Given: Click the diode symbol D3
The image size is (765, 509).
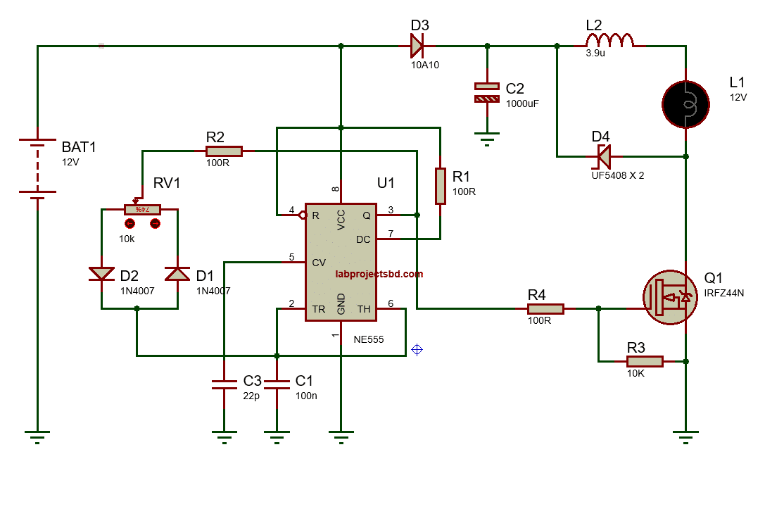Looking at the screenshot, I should pyautogui.click(x=417, y=46).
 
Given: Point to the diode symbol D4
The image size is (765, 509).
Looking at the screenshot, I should pyautogui.click(x=602, y=155).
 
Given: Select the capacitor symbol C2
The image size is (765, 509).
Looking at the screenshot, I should pyautogui.click(x=486, y=92).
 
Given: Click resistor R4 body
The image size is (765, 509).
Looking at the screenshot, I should pyautogui.click(x=545, y=308).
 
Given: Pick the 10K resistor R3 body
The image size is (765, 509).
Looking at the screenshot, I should pyautogui.click(x=644, y=361).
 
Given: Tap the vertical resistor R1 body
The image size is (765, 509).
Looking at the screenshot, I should pyautogui.click(x=441, y=186).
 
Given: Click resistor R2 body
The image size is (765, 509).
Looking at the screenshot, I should pyautogui.click(x=224, y=151).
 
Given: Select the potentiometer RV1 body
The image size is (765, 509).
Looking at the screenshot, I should pyautogui.click(x=142, y=209).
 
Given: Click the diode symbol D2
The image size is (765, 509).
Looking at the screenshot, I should pyautogui.click(x=101, y=273).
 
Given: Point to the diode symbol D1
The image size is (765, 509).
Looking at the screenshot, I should pyautogui.click(x=177, y=273).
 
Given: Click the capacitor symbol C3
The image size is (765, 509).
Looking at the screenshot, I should pyautogui.click(x=224, y=384).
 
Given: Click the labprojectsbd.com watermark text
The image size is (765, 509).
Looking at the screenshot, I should pyautogui.click(x=379, y=274).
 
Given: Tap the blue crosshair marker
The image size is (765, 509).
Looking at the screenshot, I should pyautogui.click(x=417, y=349).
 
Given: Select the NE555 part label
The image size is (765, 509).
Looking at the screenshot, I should pyautogui.click(x=368, y=339).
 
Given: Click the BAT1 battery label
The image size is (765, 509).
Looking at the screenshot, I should pyautogui.click(x=79, y=147).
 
